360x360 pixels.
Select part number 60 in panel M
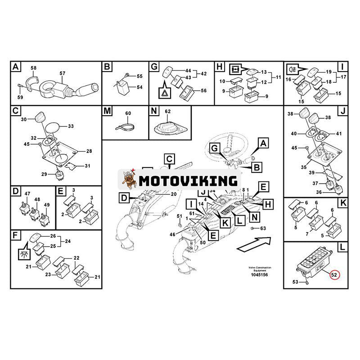click(127, 113)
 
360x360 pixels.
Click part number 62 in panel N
click(168, 111)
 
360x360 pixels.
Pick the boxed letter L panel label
click(343, 247)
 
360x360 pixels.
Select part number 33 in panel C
click(71, 126)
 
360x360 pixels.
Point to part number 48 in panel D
click(37, 199)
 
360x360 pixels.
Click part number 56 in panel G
click(203, 90)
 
